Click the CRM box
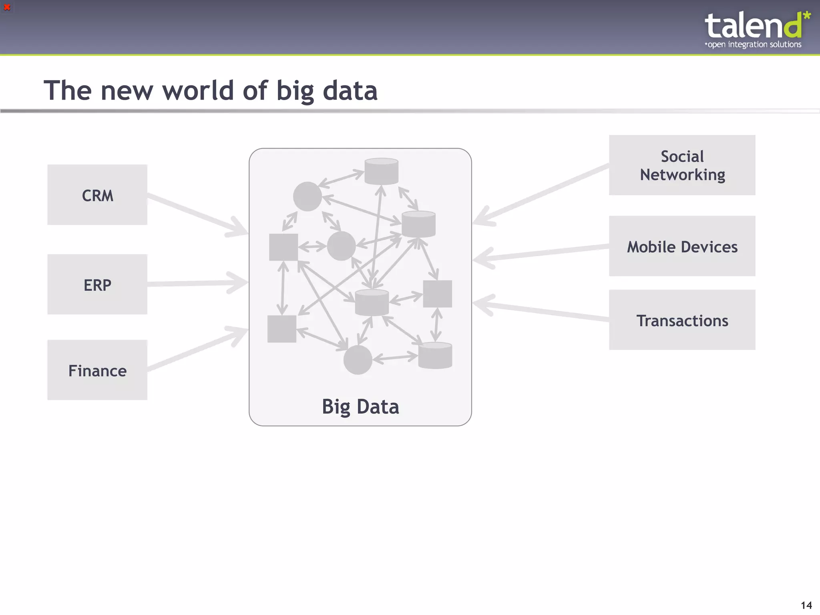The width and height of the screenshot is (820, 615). tap(97, 195)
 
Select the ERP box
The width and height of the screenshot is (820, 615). tap(97, 285)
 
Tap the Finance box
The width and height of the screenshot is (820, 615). tap(97, 370)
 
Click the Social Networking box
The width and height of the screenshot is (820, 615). tap(682, 165)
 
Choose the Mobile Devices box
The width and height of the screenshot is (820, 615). tap(682, 246)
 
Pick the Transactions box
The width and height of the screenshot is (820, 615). tap(682, 320)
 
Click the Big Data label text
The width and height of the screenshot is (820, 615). tap(360, 407)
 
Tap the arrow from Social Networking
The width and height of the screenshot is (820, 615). tap(541, 195)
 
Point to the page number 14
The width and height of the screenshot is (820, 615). tap(806, 605)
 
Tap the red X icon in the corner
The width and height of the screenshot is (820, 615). tap(7, 7)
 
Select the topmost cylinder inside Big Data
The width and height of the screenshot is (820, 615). tap(381, 171)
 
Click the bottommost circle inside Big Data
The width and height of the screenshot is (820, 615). tap(358, 360)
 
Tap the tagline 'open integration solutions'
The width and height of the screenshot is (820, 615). tap(754, 44)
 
